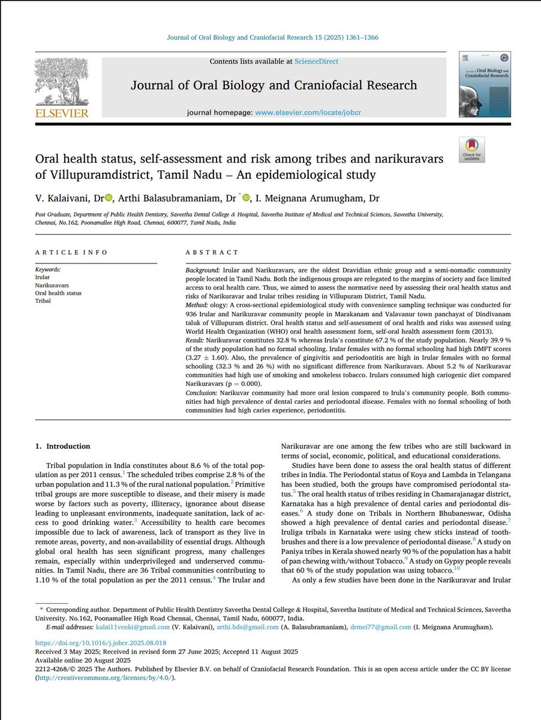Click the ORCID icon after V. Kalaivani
click(109, 199)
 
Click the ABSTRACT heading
click(212, 253)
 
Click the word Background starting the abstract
click(203, 272)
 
